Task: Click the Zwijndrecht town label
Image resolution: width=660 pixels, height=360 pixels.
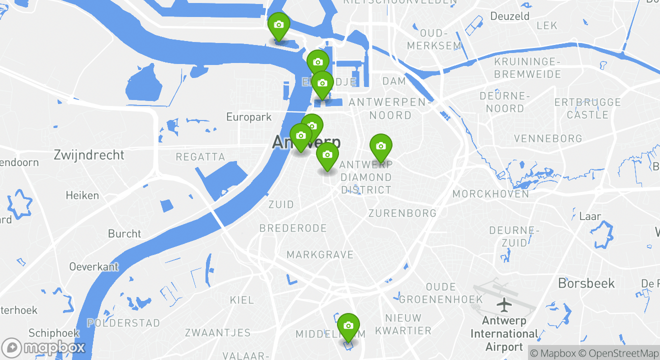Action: pyautogui.click(x=89, y=155)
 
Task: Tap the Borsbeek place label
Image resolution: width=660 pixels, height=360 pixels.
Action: pyautogui.click(x=586, y=283)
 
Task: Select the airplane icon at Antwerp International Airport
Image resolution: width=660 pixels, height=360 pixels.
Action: pyautogui.click(x=505, y=303)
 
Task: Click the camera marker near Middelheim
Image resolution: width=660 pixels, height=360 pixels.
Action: pyautogui.click(x=348, y=326)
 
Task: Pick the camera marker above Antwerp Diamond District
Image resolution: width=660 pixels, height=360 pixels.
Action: pyautogui.click(x=380, y=146)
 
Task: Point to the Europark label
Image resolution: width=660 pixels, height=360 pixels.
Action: pyautogui.click(x=249, y=117)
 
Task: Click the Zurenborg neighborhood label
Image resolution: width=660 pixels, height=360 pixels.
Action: pyautogui.click(x=402, y=213)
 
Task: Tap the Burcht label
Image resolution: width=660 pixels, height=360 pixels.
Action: pyautogui.click(x=124, y=233)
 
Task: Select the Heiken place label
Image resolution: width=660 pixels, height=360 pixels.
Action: pyautogui.click(x=82, y=195)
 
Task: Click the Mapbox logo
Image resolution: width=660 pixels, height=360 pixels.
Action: pyautogui.click(x=44, y=347)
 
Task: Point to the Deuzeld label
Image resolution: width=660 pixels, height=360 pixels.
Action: pyautogui.click(x=510, y=16)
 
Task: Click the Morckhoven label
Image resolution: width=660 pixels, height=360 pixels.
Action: pyautogui.click(x=490, y=193)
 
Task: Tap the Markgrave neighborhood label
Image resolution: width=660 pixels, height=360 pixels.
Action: pyautogui.click(x=320, y=255)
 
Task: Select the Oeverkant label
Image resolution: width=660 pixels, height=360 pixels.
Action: pyautogui.click(x=94, y=266)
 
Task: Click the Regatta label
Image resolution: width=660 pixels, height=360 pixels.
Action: pyautogui.click(x=200, y=157)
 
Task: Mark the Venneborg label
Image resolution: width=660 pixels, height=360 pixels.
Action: pyautogui.click(x=548, y=138)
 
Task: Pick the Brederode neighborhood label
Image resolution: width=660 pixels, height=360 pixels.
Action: pyautogui.click(x=293, y=228)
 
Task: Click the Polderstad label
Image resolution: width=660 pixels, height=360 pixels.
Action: pyautogui.click(x=123, y=323)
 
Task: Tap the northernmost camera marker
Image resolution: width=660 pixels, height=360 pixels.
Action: pyautogui.click(x=278, y=25)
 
